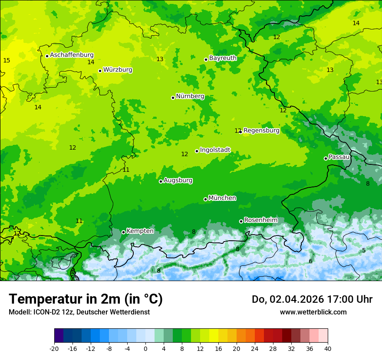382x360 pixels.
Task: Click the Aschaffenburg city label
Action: (x=72, y=55)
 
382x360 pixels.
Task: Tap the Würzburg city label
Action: (x=118, y=70)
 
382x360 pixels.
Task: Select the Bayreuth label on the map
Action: (x=223, y=58)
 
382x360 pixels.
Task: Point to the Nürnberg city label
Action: (x=190, y=96)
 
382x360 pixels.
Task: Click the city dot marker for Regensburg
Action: (x=240, y=131)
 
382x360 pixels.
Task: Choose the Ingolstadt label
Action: (x=215, y=150)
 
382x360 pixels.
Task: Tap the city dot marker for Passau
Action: (x=326, y=158)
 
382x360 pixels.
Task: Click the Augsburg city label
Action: (x=178, y=180)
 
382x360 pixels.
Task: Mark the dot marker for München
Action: (x=205, y=199)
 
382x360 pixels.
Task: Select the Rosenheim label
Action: (x=260, y=220)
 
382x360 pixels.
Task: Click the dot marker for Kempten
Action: (x=123, y=232)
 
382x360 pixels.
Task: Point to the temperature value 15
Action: (x=7, y=60)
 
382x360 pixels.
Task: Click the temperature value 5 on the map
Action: (x=364, y=250)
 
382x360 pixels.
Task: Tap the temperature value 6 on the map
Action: (x=310, y=261)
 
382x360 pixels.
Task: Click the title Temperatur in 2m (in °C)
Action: (x=86, y=299)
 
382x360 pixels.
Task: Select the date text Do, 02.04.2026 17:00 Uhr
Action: (x=312, y=299)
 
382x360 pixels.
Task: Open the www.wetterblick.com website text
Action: (x=313, y=312)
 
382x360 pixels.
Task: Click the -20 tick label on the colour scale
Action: (x=54, y=348)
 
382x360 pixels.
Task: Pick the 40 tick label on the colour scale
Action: (x=328, y=348)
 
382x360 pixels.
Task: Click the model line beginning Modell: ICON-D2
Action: (x=79, y=312)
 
